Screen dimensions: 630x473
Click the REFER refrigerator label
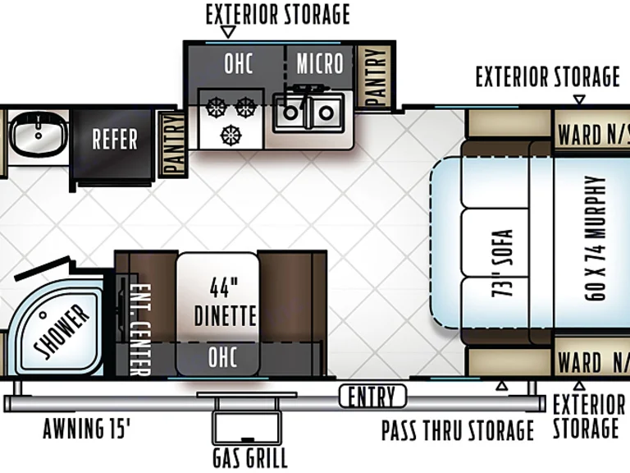[115, 139]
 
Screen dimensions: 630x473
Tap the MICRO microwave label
[319, 63]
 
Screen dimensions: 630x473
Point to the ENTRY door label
[372, 397]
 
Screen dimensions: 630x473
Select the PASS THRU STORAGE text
[457, 430]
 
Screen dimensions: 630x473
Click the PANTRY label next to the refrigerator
[174, 145]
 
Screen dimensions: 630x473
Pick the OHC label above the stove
[238, 63]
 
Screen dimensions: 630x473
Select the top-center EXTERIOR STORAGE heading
[277, 14]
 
